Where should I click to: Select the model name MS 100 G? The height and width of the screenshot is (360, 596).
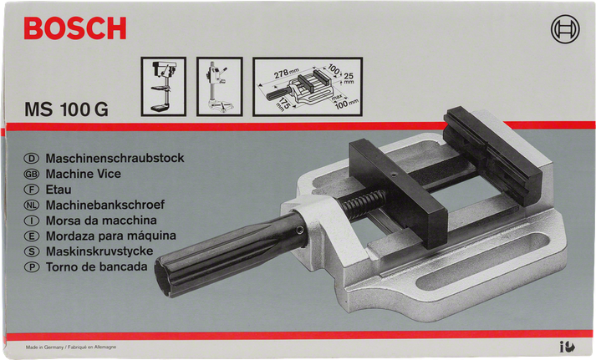(x=67, y=109)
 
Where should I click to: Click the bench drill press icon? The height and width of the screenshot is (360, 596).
(x=161, y=85)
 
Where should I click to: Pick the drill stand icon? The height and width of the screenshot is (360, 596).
(x=218, y=85)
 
